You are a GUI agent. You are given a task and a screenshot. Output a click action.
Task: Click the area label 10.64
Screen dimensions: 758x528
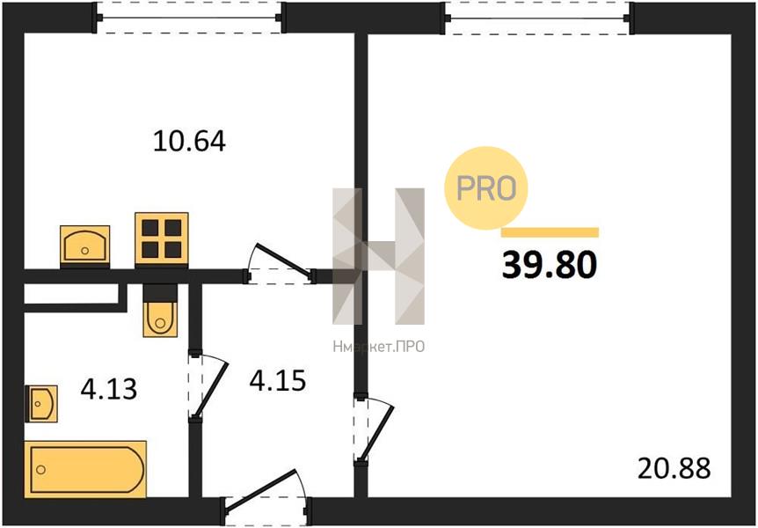tap(189, 142)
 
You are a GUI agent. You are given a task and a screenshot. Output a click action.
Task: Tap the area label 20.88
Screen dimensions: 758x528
tap(674, 468)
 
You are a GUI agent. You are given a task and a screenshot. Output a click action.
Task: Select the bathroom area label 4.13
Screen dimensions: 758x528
tap(109, 389)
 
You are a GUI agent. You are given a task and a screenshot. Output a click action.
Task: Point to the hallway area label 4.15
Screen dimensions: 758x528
tap(278, 380)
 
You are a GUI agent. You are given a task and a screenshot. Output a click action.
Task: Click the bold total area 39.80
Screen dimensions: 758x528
tap(550, 266)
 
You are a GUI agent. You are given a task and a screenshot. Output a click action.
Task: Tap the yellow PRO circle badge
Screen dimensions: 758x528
tap(485, 187)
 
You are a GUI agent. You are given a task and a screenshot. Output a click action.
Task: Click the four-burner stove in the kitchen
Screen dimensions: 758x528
tap(162, 239)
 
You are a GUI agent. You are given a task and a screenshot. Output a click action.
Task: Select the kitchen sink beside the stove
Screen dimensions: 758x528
tap(85, 246)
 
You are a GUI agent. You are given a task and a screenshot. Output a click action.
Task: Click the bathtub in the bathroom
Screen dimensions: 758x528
tap(85, 469)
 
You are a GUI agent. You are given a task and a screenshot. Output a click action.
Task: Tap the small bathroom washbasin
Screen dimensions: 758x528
tap(41, 403)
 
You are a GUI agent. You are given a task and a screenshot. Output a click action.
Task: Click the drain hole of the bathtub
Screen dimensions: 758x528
tap(41, 469)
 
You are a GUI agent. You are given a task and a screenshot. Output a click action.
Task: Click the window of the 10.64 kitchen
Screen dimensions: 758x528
tap(188, 18)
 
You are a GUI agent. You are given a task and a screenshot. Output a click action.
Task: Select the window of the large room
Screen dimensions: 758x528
tap(537, 18)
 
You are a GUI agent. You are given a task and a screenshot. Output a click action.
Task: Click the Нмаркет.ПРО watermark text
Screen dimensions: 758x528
tap(378, 347)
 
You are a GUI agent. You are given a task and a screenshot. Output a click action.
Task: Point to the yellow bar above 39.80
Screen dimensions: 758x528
tap(550, 232)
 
